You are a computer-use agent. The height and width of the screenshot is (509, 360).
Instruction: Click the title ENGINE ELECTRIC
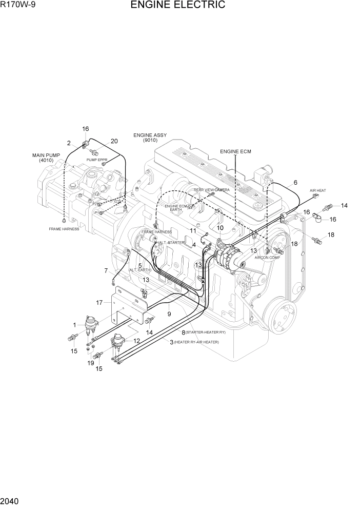coord(177,6)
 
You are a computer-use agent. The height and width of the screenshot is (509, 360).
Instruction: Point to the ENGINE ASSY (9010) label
coord(150,138)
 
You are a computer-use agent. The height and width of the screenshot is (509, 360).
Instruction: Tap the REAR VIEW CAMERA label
coord(212,190)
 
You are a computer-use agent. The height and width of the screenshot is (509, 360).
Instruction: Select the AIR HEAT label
coord(317,191)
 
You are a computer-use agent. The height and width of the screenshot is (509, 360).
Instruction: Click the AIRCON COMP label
coord(267,258)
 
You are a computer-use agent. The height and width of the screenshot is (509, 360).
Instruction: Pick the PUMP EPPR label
coord(96,160)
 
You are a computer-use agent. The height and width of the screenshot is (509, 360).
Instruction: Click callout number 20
coord(114,141)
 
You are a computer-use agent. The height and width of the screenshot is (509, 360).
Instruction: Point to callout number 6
coord(295,183)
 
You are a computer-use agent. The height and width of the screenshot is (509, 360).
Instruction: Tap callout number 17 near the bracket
coord(99,302)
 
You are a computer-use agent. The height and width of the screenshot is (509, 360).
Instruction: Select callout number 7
coord(106,270)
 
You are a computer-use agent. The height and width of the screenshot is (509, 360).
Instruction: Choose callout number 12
coord(136,340)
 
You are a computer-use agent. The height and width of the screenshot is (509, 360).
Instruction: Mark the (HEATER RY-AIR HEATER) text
coord(199,342)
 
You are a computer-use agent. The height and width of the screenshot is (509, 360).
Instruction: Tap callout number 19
coord(90,362)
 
